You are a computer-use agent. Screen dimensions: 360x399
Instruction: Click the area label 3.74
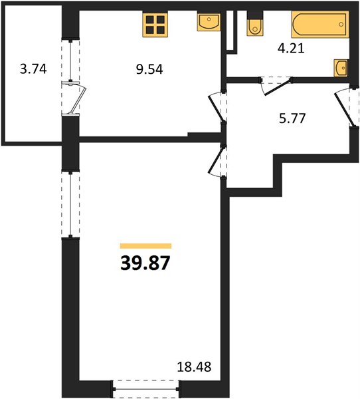(x=33, y=69)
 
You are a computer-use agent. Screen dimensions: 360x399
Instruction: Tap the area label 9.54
(x=149, y=69)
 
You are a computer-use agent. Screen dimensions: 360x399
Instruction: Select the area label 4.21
(x=291, y=48)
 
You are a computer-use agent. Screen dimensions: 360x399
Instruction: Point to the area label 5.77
(x=292, y=118)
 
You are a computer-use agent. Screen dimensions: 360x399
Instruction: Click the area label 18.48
(x=194, y=366)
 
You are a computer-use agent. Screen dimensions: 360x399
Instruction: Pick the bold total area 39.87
(x=145, y=263)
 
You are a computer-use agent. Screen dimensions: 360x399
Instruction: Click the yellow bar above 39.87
(x=145, y=246)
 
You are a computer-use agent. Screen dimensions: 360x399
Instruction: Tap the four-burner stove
(x=155, y=25)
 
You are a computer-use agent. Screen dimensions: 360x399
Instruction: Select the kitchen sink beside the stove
(x=209, y=23)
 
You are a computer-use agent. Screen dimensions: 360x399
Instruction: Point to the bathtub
(x=320, y=25)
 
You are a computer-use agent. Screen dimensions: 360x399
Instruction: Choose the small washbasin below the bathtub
(x=341, y=68)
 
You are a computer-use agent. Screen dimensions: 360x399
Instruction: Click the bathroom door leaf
(x=278, y=88)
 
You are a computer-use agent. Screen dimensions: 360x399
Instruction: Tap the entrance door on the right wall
(x=343, y=110)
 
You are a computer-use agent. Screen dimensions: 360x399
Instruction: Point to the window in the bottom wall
(x=145, y=389)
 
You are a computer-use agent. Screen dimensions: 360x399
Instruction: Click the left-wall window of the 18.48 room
(x=70, y=204)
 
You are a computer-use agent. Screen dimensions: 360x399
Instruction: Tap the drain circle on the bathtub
(x=341, y=25)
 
